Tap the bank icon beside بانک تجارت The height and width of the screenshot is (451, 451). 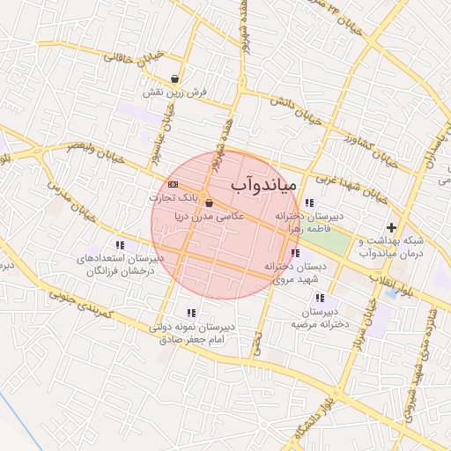[x=173, y=184]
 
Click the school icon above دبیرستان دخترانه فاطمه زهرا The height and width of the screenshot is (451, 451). [x=308, y=203]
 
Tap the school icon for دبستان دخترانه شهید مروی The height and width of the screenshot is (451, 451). [x=294, y=254]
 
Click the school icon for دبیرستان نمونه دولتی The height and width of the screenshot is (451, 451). [x=191, y=313]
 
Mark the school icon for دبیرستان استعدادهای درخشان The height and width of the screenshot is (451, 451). [x=120, y=246]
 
